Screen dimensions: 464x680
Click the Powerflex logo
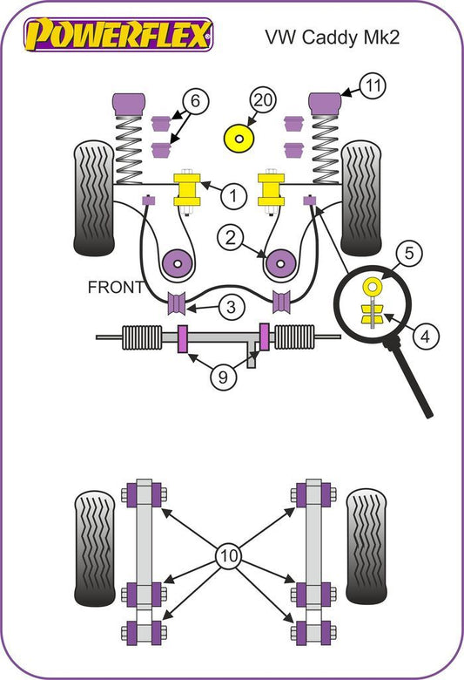click(x=118, y=34)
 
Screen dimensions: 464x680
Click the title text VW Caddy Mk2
click(x=332, y=37)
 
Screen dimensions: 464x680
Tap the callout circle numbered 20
click(x=263, y=100)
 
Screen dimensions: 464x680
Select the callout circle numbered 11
click(x=373, y=85)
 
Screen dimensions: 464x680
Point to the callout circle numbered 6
click(x=195, y=101)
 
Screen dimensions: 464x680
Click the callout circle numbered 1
click(x=233, y=196)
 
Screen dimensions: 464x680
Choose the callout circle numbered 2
click(x=231, y=238)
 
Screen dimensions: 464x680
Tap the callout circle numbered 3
click(x=232, y=307)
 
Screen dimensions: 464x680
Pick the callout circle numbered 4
click(x=426, y=337)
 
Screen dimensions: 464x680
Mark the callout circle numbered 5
click(x=409, y=253)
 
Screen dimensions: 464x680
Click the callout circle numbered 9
click(x=224, y=377)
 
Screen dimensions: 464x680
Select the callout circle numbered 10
click(x=229, y=555)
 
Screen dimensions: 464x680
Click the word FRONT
click(x=115, y=287)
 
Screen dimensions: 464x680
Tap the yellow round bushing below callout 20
click(x=239, y=139)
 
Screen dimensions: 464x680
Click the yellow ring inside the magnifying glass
click(x=372, y=286)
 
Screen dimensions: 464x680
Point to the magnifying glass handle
click(x=409, y=378)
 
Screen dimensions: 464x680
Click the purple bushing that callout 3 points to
click(x=177, y=303)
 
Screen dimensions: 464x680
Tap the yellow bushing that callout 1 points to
click(x=186, y=189)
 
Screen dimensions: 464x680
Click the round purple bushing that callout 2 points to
click(x=280, y=263)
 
